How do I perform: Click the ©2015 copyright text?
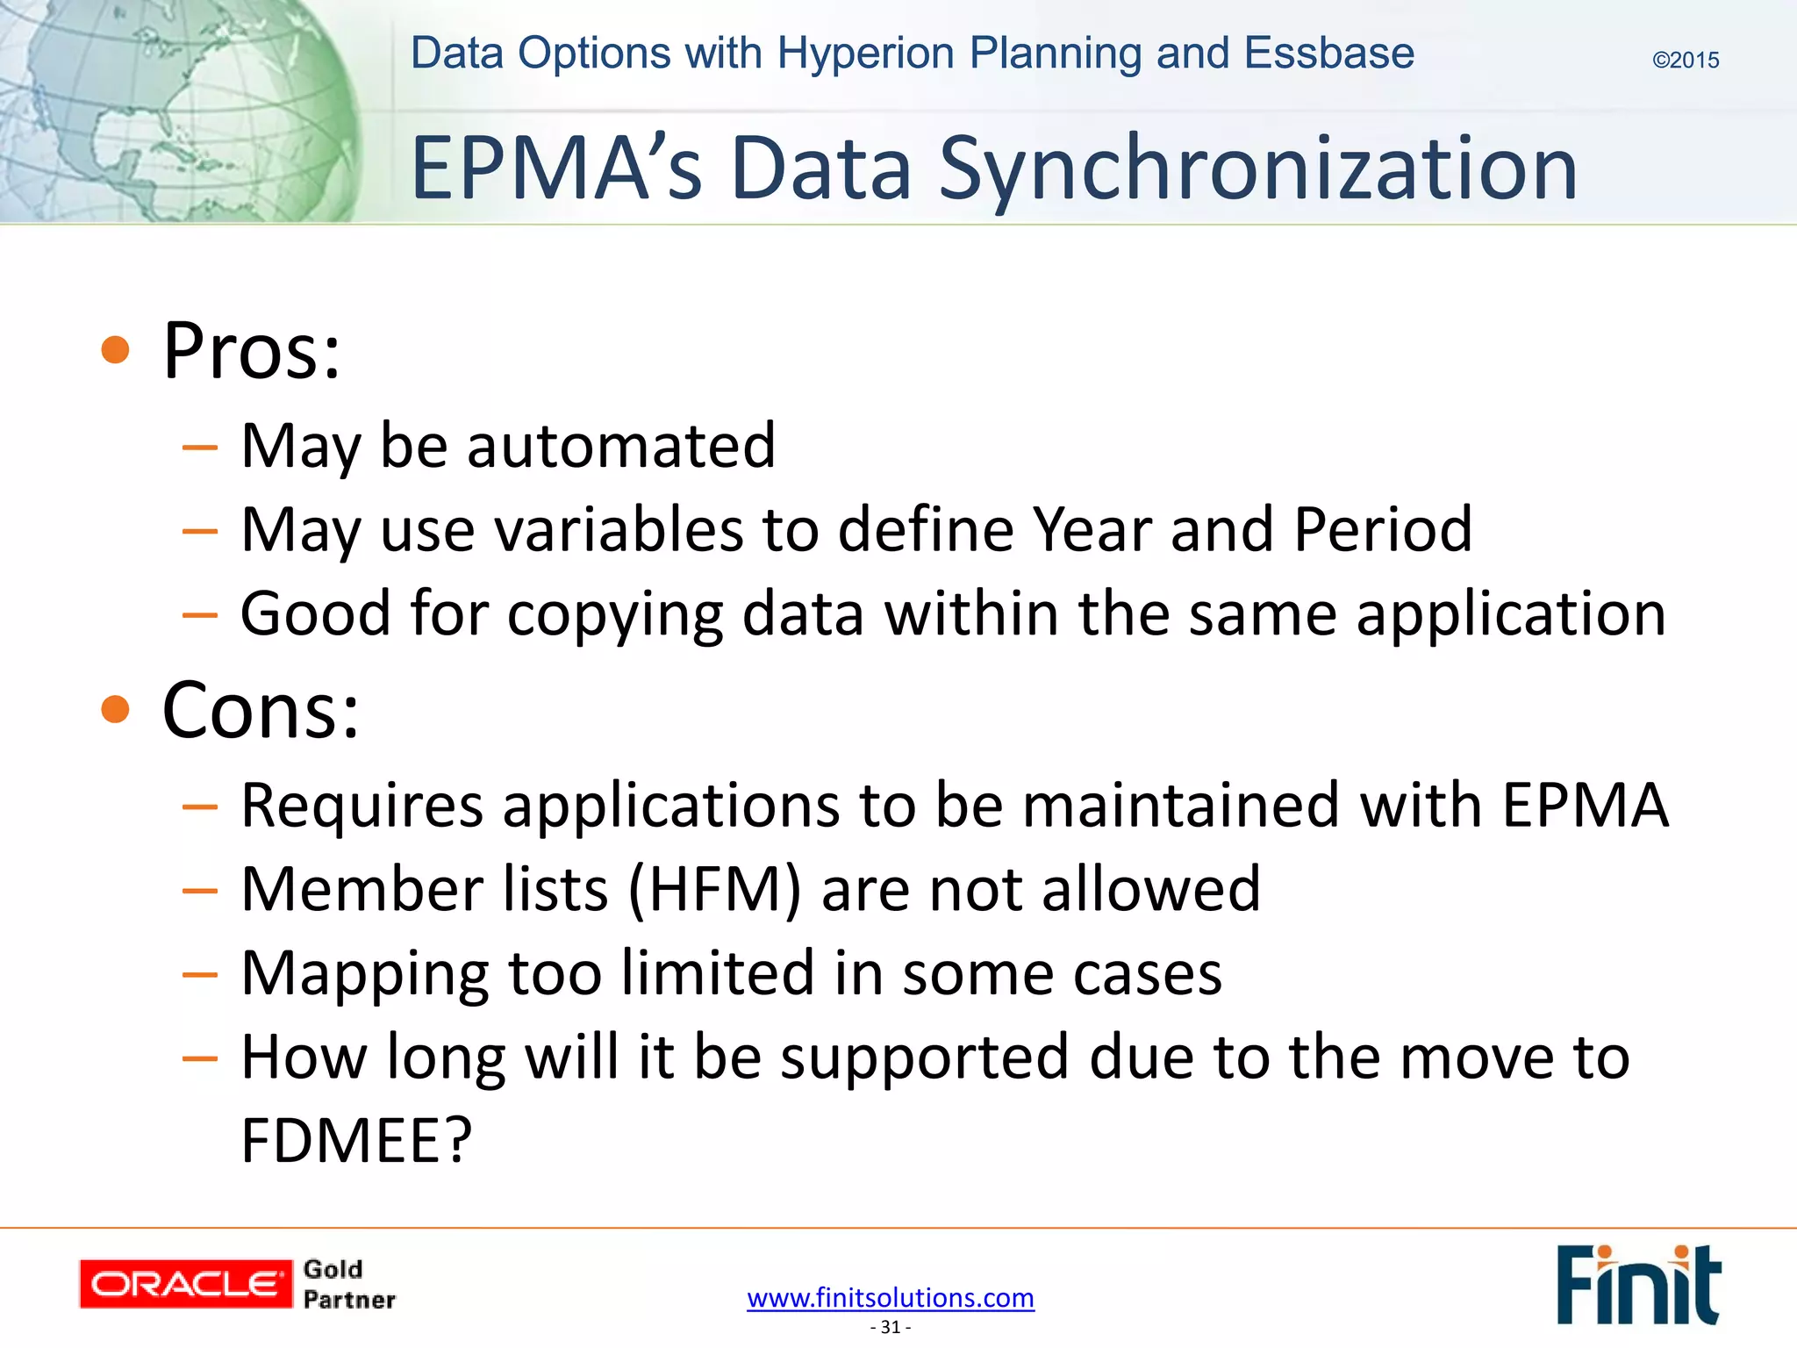coord(1685,61)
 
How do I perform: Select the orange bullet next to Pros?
coord(115,350)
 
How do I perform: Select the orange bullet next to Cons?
coord(115,709)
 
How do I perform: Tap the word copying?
coord(614,614)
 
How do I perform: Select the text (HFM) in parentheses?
coord(714,889)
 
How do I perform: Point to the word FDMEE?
coord(356,1141)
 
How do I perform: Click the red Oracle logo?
coord(185,1284)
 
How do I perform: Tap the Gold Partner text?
coord(348,1284)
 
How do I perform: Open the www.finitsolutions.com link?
coord(890,1297)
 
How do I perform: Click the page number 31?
coord(890,1327)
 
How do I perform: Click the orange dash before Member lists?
coord(200,891)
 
